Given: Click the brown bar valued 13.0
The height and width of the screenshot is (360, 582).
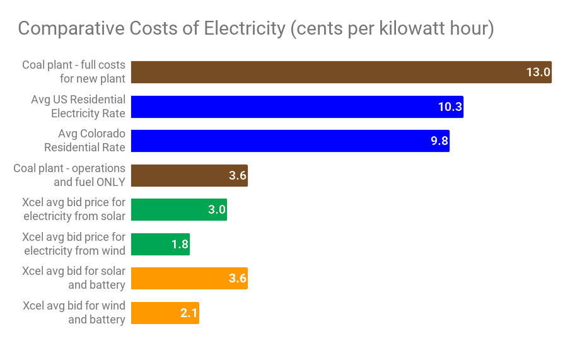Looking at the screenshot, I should coord(340,72).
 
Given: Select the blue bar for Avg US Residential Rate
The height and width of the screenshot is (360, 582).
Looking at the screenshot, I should coord(296,107).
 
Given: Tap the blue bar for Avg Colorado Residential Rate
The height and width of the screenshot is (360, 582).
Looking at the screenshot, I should coord(289,141).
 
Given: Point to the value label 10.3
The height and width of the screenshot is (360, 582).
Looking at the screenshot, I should coord(450,107).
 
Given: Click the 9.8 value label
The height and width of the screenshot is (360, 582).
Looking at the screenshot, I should coord(439,141).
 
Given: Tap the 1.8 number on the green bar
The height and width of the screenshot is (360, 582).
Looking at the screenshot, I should coord(180,244).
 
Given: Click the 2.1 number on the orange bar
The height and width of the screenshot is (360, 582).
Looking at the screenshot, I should coord(189,313).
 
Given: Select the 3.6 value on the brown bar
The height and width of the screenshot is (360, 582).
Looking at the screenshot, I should coord(238,175).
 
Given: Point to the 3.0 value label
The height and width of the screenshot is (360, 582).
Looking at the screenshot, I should coord(217,209).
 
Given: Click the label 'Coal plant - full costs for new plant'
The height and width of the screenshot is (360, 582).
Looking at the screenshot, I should coord(74,72).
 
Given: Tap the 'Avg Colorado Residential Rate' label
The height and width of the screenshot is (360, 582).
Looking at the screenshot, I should coord(84,141).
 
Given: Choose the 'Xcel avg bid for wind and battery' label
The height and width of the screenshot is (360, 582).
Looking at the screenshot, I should coord(74,313).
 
